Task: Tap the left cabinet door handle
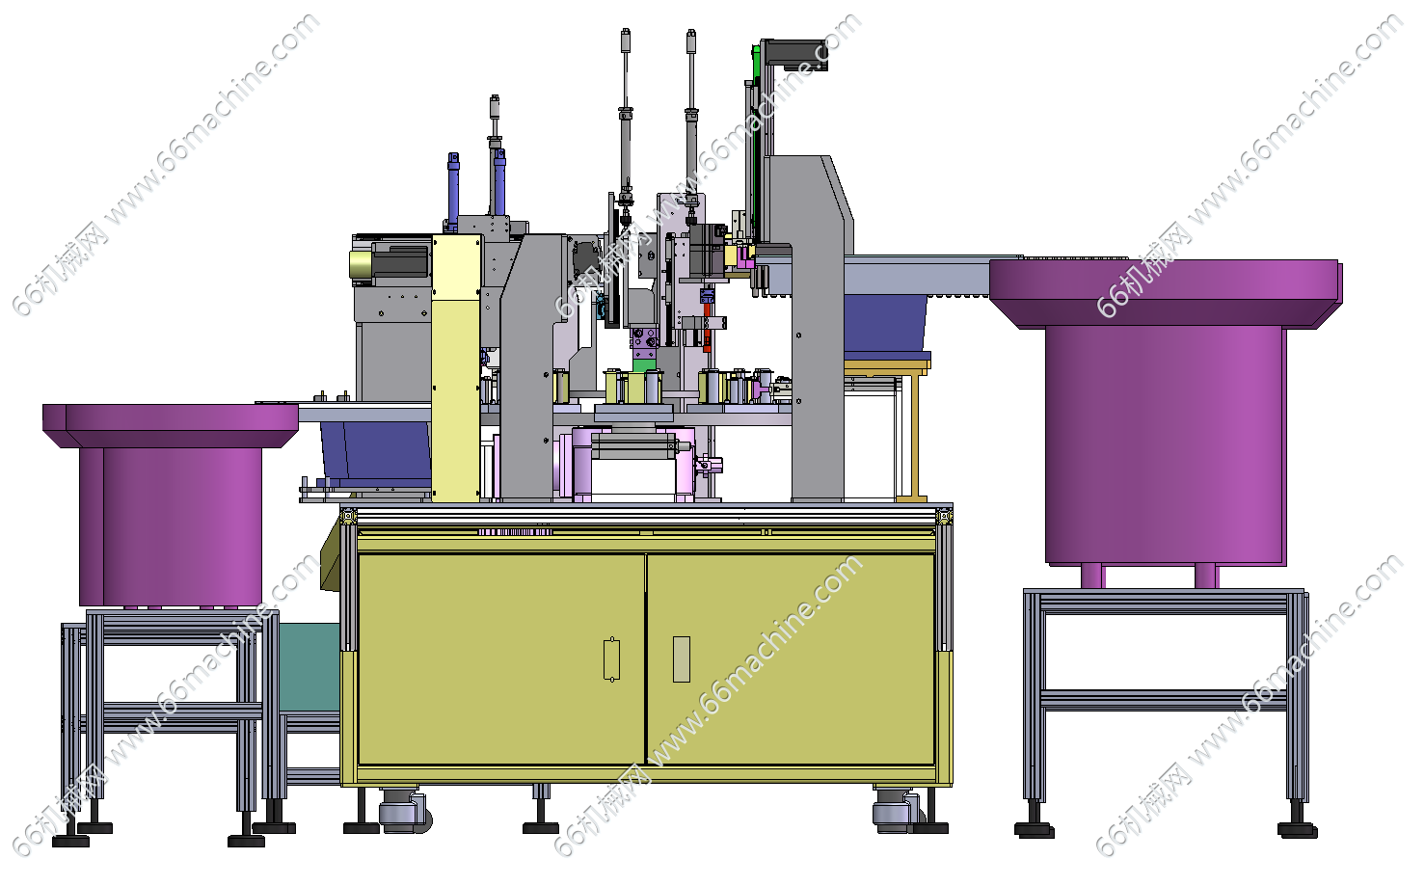point(611,658)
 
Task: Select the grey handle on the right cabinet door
point(682,658)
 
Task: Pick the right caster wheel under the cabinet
point(896,810)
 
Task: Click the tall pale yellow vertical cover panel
point(456,368)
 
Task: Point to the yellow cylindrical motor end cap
point(360,264)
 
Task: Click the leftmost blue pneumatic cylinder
point(453,191)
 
